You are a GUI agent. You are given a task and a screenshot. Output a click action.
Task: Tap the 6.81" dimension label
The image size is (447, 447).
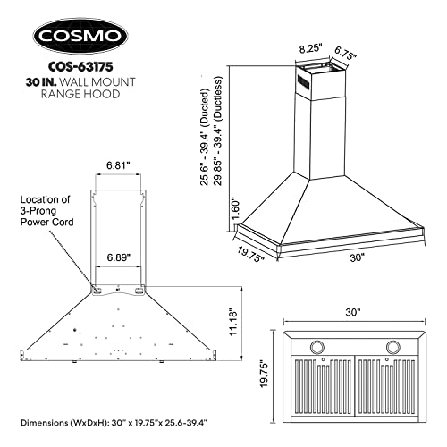click(x=119, y=166)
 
